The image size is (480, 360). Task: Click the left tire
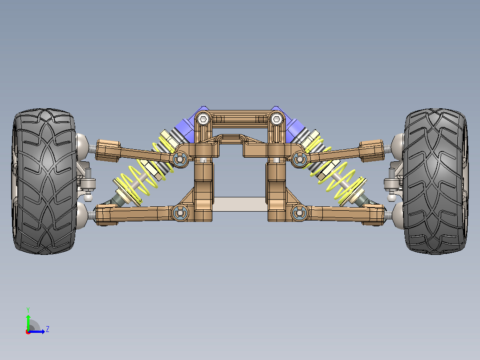tap(45, 181)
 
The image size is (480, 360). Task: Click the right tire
tap(435, 181)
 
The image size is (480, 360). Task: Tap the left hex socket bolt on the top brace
tap(203, 119)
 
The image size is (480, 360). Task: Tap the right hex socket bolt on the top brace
tap(277, 119)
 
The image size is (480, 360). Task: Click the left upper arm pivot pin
tap(180, 159)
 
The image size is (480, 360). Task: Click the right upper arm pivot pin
tap(299, 159)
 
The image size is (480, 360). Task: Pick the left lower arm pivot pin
tap(180, 212)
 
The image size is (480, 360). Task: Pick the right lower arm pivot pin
tap(299, 212)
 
